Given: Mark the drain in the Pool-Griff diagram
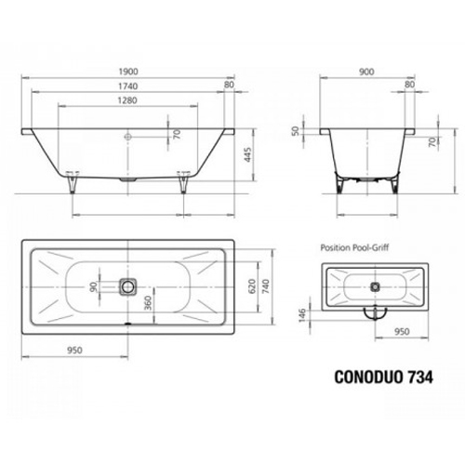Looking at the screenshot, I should click(376, 287).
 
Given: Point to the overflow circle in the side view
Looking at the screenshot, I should click(129, 135).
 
